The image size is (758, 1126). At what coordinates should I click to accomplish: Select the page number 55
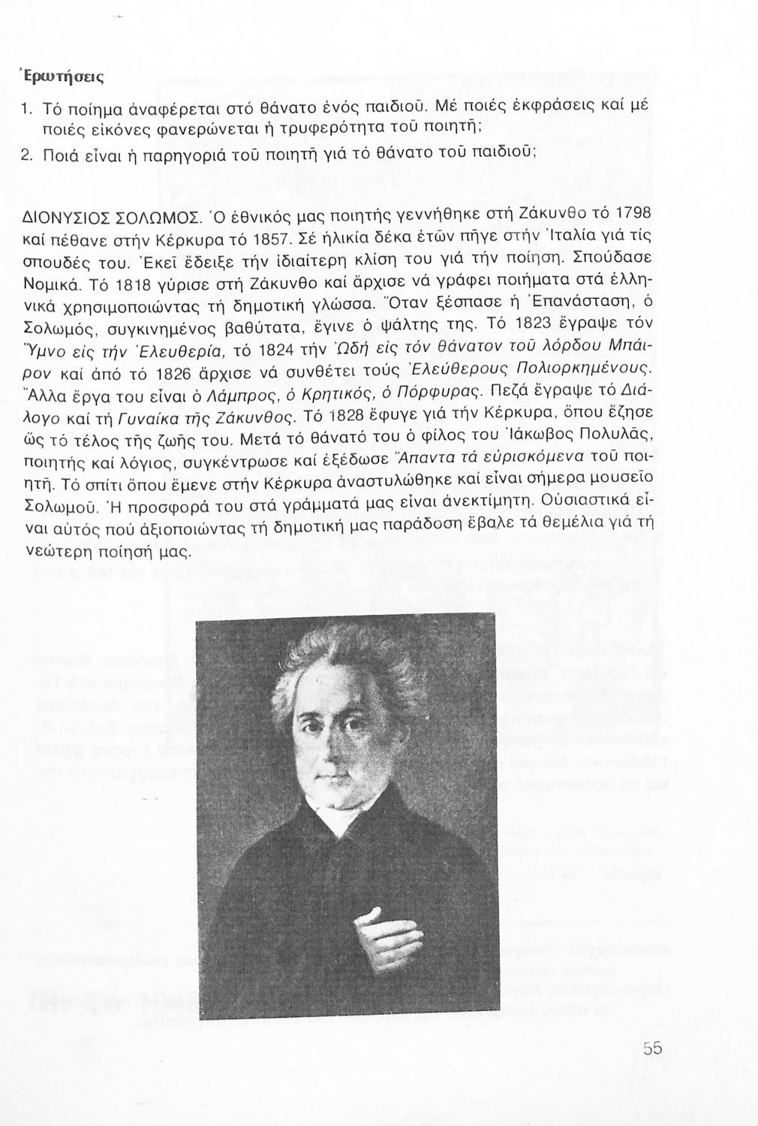[651, 1049]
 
